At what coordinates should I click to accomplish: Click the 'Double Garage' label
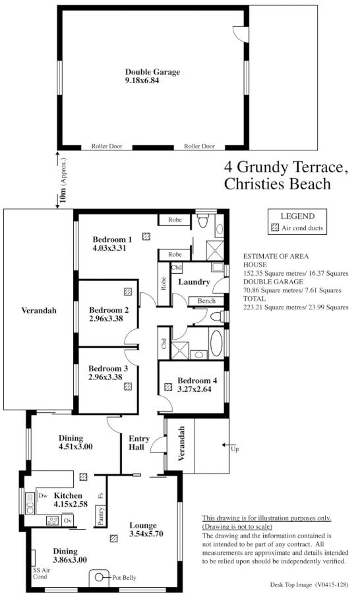pos(152,72)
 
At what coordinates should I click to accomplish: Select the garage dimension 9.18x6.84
pos(142,81)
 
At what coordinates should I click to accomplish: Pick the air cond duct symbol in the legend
pos(275,228)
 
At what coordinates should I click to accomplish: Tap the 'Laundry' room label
pos(194,282)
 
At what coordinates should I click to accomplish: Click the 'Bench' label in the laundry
pos(202,301)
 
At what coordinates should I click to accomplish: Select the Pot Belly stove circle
pos(100,577)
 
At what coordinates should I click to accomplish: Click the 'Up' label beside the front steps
pos(235,449)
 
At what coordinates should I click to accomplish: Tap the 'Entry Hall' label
pos(139,443)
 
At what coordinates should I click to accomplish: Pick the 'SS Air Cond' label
pos(42,571)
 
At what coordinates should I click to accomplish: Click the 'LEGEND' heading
pos(297,216)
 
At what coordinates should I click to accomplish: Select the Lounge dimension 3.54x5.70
pos(147,533)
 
